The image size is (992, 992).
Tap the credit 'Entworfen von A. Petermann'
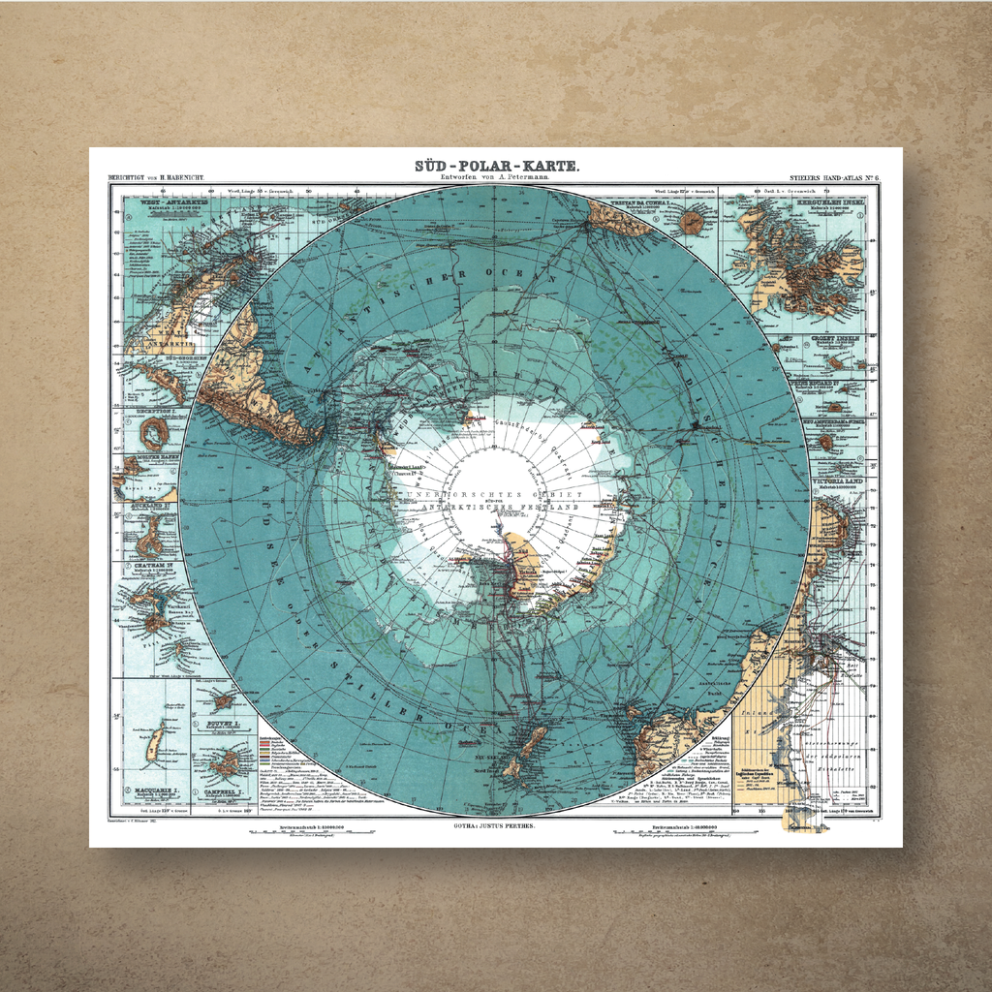click(x=496, y=177)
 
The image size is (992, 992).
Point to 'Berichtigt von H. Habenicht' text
click(x=156, y=179)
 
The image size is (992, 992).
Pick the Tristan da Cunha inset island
click(x=691, y=223)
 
